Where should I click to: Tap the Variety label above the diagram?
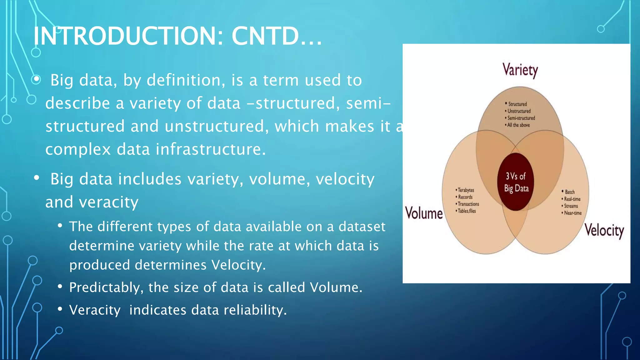pos(520,70)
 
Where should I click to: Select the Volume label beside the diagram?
pos(424,213)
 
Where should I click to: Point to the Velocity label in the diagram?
pos(604,231)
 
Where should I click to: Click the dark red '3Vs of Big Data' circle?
pos(516,182)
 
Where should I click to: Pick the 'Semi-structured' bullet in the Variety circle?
pos(521,118)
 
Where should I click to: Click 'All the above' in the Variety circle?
pos(518,125)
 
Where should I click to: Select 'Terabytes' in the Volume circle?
pos(466,190)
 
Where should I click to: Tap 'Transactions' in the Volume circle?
pos(468,204)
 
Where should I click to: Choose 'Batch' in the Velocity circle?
pos(569,192)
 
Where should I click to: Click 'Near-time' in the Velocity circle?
pos(572,213)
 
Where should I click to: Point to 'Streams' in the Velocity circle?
pos(571,206)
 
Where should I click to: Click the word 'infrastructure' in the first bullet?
pos(211,149)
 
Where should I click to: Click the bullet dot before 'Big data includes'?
pos(37,178)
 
